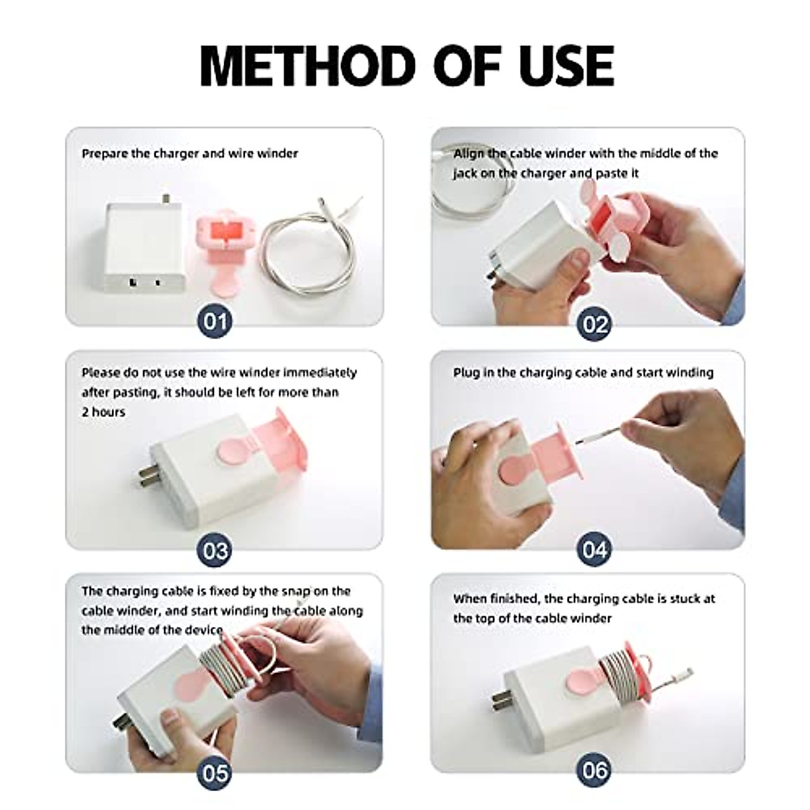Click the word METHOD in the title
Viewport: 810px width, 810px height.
(308, 66)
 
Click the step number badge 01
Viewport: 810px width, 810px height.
(215, 321)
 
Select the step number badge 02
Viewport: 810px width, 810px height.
(595, 325)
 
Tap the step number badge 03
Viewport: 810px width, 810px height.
(215, 550)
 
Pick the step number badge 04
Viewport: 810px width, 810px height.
(595, 549)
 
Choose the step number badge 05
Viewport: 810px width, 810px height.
(215, 774)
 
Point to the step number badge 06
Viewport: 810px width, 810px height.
(595, 770)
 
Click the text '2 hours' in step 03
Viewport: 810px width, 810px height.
(103, 412)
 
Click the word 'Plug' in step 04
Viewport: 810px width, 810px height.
(465, 373)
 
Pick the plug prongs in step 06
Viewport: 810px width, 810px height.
(503, 701)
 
